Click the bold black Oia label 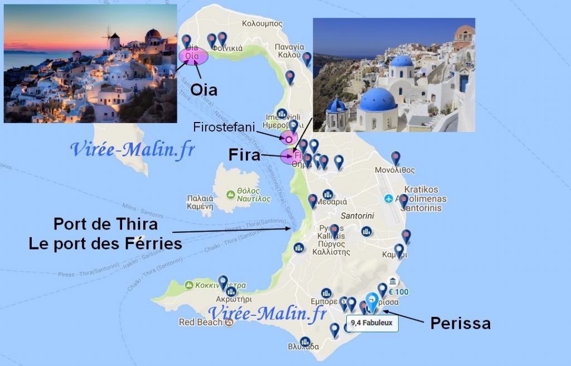204,90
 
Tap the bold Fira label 244,155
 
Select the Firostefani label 223,127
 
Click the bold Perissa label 460,323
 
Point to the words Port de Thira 105,225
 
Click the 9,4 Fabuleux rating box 371,323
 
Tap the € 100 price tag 399,291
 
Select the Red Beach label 200,322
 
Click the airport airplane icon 389,199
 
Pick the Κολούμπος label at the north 262,24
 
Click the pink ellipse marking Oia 193,56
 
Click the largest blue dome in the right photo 378,100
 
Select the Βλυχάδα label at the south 304,347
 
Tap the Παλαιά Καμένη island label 200,202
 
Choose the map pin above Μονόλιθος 395,157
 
